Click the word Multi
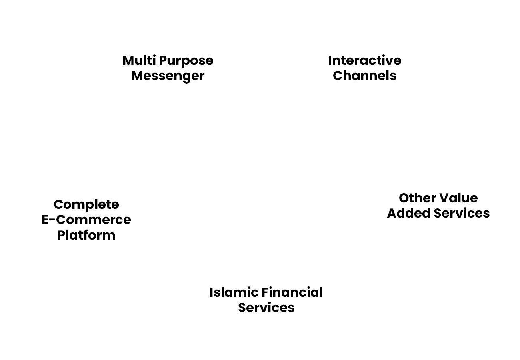[x=139, y=60]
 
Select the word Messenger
[x=168, y=76]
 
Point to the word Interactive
[x=364, y=60]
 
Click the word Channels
[x=364, y=76]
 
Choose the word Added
[x=408, y=213]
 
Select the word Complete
[x=86, y=205]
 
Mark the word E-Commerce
[x=86, y=220]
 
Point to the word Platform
[x=86, y=235]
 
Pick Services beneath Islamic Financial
[x=266, y=308]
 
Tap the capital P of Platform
[x=61, y=235]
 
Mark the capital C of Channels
[x=338, y=76]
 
